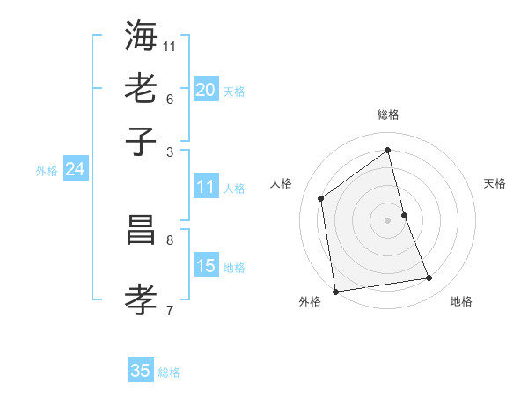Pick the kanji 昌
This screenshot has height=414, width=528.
point(141,232)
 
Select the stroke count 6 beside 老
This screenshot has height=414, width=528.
point(169,98)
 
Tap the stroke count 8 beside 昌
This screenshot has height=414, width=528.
point(169,240)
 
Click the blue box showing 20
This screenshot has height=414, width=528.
point(206,89)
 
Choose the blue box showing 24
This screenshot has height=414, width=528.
point(75,169)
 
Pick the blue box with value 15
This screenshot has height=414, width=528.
point(206,266)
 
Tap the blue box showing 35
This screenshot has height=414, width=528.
point(141,371)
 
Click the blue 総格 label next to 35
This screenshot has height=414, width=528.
point(169,373)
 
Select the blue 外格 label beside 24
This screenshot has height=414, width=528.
point(47,171)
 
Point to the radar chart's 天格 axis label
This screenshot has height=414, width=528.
point(495,183)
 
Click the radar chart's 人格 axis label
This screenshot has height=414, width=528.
point(282,183)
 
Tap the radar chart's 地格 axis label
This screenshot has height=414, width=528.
point(461,302)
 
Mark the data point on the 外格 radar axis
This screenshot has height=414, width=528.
point(335,291)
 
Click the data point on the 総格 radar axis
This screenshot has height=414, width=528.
point(388,150)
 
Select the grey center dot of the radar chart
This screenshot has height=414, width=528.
point(388,219)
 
